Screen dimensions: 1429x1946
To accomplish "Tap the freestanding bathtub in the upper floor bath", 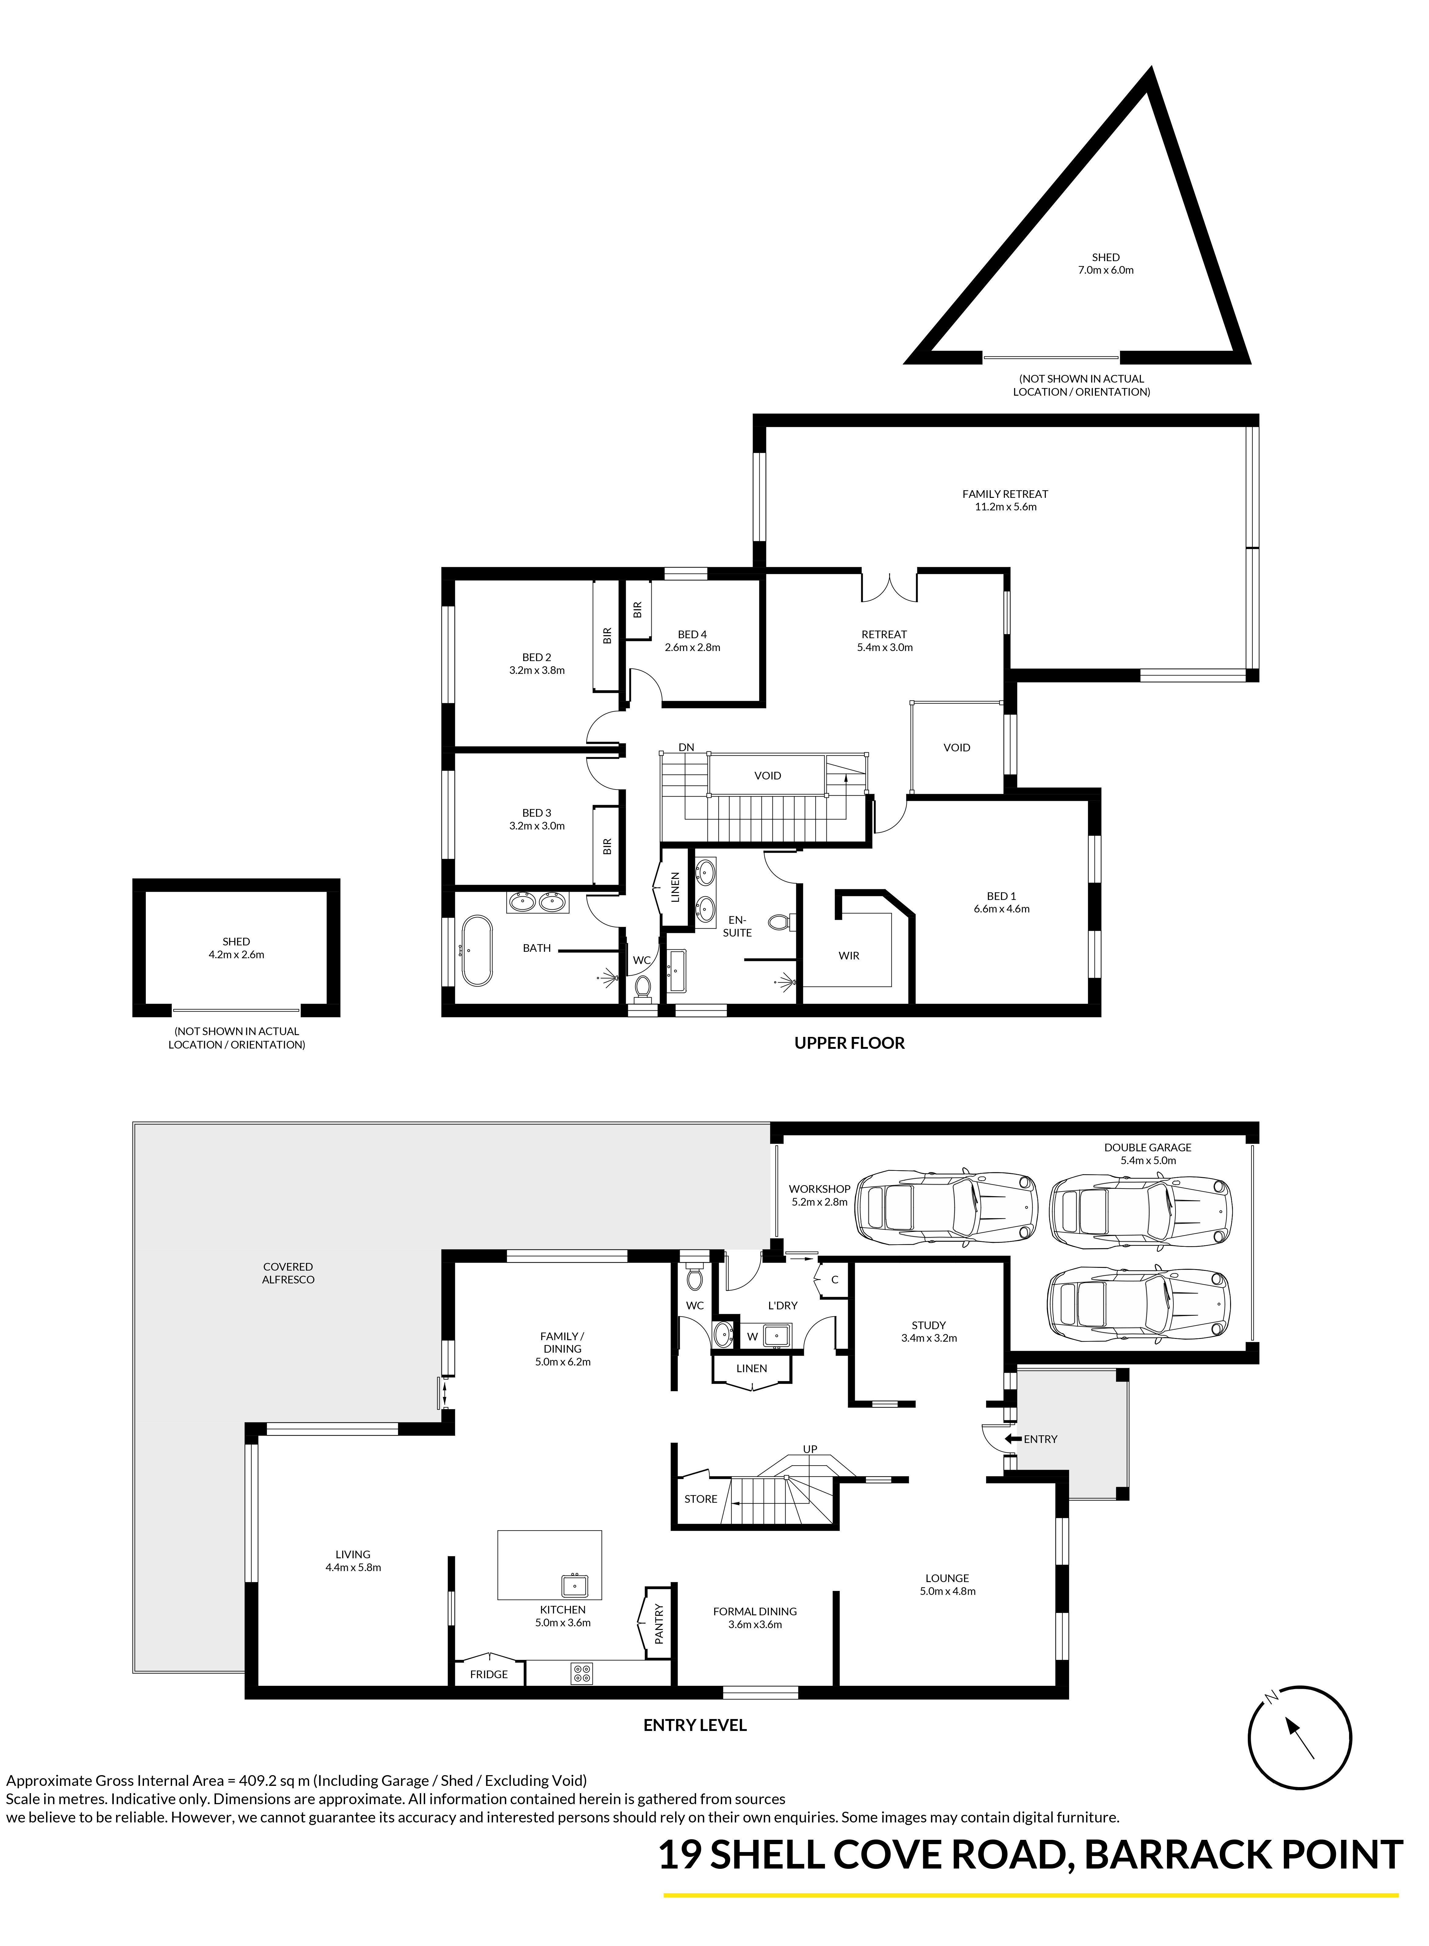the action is click(477, 951).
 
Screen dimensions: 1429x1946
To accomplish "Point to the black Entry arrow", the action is click(1012, 1439).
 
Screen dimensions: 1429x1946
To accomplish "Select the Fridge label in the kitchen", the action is click(489, 1674).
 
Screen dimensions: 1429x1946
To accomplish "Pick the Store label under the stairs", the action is click(701, 1499).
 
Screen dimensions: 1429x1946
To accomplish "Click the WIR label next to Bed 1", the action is click(848, 956).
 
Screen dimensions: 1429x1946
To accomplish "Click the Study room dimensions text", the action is click(929, 1338).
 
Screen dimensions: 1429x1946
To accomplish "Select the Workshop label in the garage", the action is click(819, 1188).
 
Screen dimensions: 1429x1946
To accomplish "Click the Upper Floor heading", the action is click(849, 1043).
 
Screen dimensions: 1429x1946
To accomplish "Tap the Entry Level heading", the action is click(695, 1725).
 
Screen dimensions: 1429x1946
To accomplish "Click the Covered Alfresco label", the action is click(288, 1272).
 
